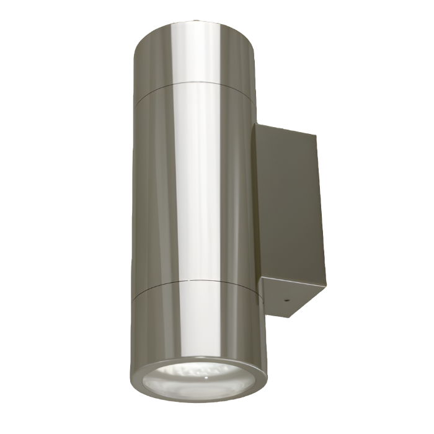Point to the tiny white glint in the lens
pos(204,374)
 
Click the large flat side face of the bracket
pos(288,205)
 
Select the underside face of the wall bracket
pos(291,298)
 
